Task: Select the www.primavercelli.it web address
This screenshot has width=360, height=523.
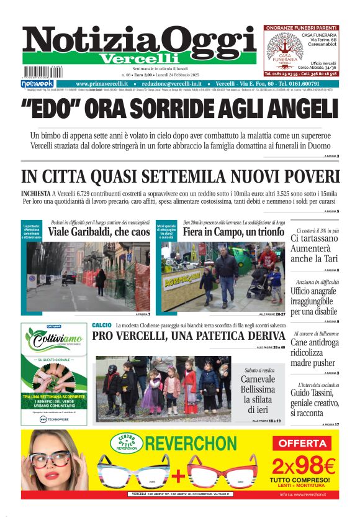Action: point(102,84)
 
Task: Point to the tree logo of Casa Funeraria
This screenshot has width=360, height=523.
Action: point(284,47)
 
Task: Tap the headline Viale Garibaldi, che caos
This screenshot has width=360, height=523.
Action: point(99,232)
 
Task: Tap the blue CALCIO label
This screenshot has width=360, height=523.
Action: point(101,325)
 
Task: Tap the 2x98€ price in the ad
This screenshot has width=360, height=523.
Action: point(304,465)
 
